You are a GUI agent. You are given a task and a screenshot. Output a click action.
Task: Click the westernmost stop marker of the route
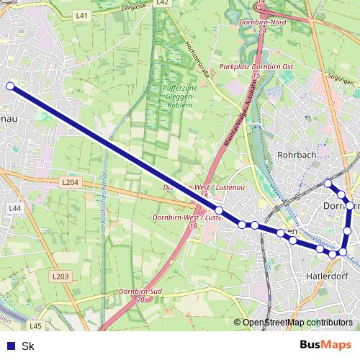tap(10, 86)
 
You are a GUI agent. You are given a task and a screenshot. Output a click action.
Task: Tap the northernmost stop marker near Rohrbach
tap(328, 183)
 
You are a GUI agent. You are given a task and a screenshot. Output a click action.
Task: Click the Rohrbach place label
tap(297, 155)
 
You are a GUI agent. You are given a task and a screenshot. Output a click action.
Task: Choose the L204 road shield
tap(69, 183)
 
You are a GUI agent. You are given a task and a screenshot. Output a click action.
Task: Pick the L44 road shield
tap(15, 207)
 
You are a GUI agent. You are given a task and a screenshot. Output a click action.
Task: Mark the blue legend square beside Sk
tap(10, 346)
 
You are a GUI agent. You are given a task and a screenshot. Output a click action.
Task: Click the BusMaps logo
tap(326, 345)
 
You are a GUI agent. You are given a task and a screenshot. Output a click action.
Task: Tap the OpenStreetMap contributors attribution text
tap(297, 323)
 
